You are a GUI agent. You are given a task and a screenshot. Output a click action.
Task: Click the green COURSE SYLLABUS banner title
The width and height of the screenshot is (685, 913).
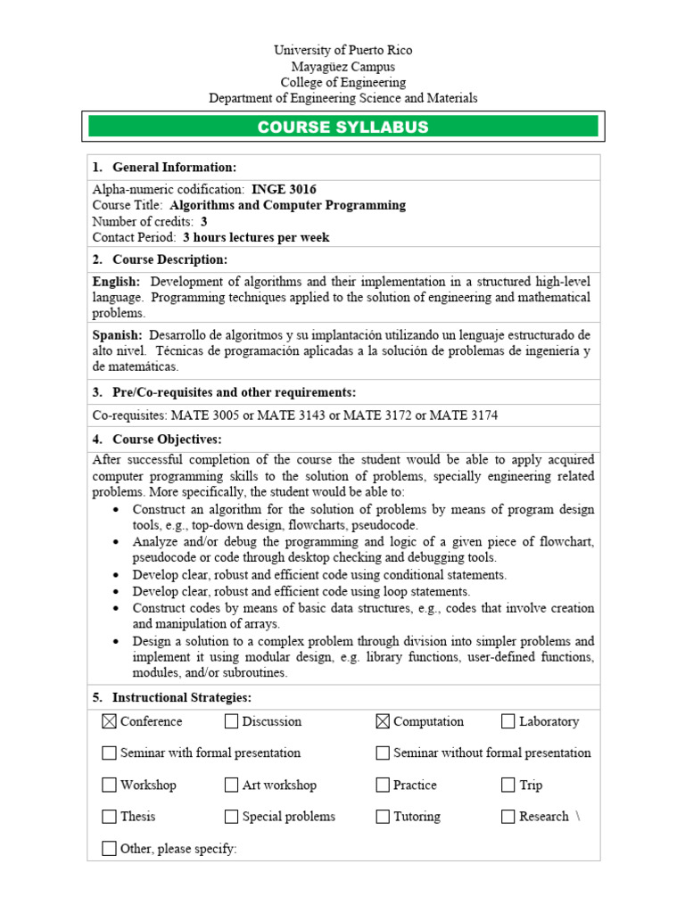342,127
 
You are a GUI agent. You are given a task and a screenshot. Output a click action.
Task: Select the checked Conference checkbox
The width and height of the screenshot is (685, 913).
109,721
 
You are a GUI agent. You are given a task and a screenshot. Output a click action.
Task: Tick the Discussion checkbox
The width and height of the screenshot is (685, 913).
231,721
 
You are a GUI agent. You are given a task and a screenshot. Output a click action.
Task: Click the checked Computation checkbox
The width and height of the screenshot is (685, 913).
383,721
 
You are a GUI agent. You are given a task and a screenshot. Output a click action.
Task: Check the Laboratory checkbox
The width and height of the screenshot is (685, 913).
508,721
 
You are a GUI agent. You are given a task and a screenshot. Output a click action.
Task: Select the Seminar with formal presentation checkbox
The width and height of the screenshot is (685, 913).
109,753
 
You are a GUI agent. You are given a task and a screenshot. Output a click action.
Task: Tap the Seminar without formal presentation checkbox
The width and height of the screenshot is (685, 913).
383,753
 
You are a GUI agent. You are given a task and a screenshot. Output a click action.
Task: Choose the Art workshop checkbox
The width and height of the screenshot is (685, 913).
231,785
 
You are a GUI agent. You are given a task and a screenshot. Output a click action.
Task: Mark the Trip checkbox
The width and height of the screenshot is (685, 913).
508,785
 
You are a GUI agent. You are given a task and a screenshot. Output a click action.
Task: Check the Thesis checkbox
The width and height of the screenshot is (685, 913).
109,816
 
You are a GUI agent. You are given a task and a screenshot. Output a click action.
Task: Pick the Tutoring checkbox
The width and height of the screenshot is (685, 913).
383,816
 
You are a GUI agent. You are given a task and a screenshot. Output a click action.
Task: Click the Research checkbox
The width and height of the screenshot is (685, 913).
508,816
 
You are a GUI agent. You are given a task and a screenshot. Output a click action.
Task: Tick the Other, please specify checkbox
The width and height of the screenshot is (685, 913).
109,848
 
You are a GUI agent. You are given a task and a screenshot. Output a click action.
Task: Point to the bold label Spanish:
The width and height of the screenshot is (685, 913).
117,334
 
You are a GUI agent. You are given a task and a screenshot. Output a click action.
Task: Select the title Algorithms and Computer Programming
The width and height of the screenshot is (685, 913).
287,205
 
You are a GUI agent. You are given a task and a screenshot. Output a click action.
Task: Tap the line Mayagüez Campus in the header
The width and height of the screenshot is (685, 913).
342,67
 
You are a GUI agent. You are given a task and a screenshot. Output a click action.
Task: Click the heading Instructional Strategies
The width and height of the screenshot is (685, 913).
182,696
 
